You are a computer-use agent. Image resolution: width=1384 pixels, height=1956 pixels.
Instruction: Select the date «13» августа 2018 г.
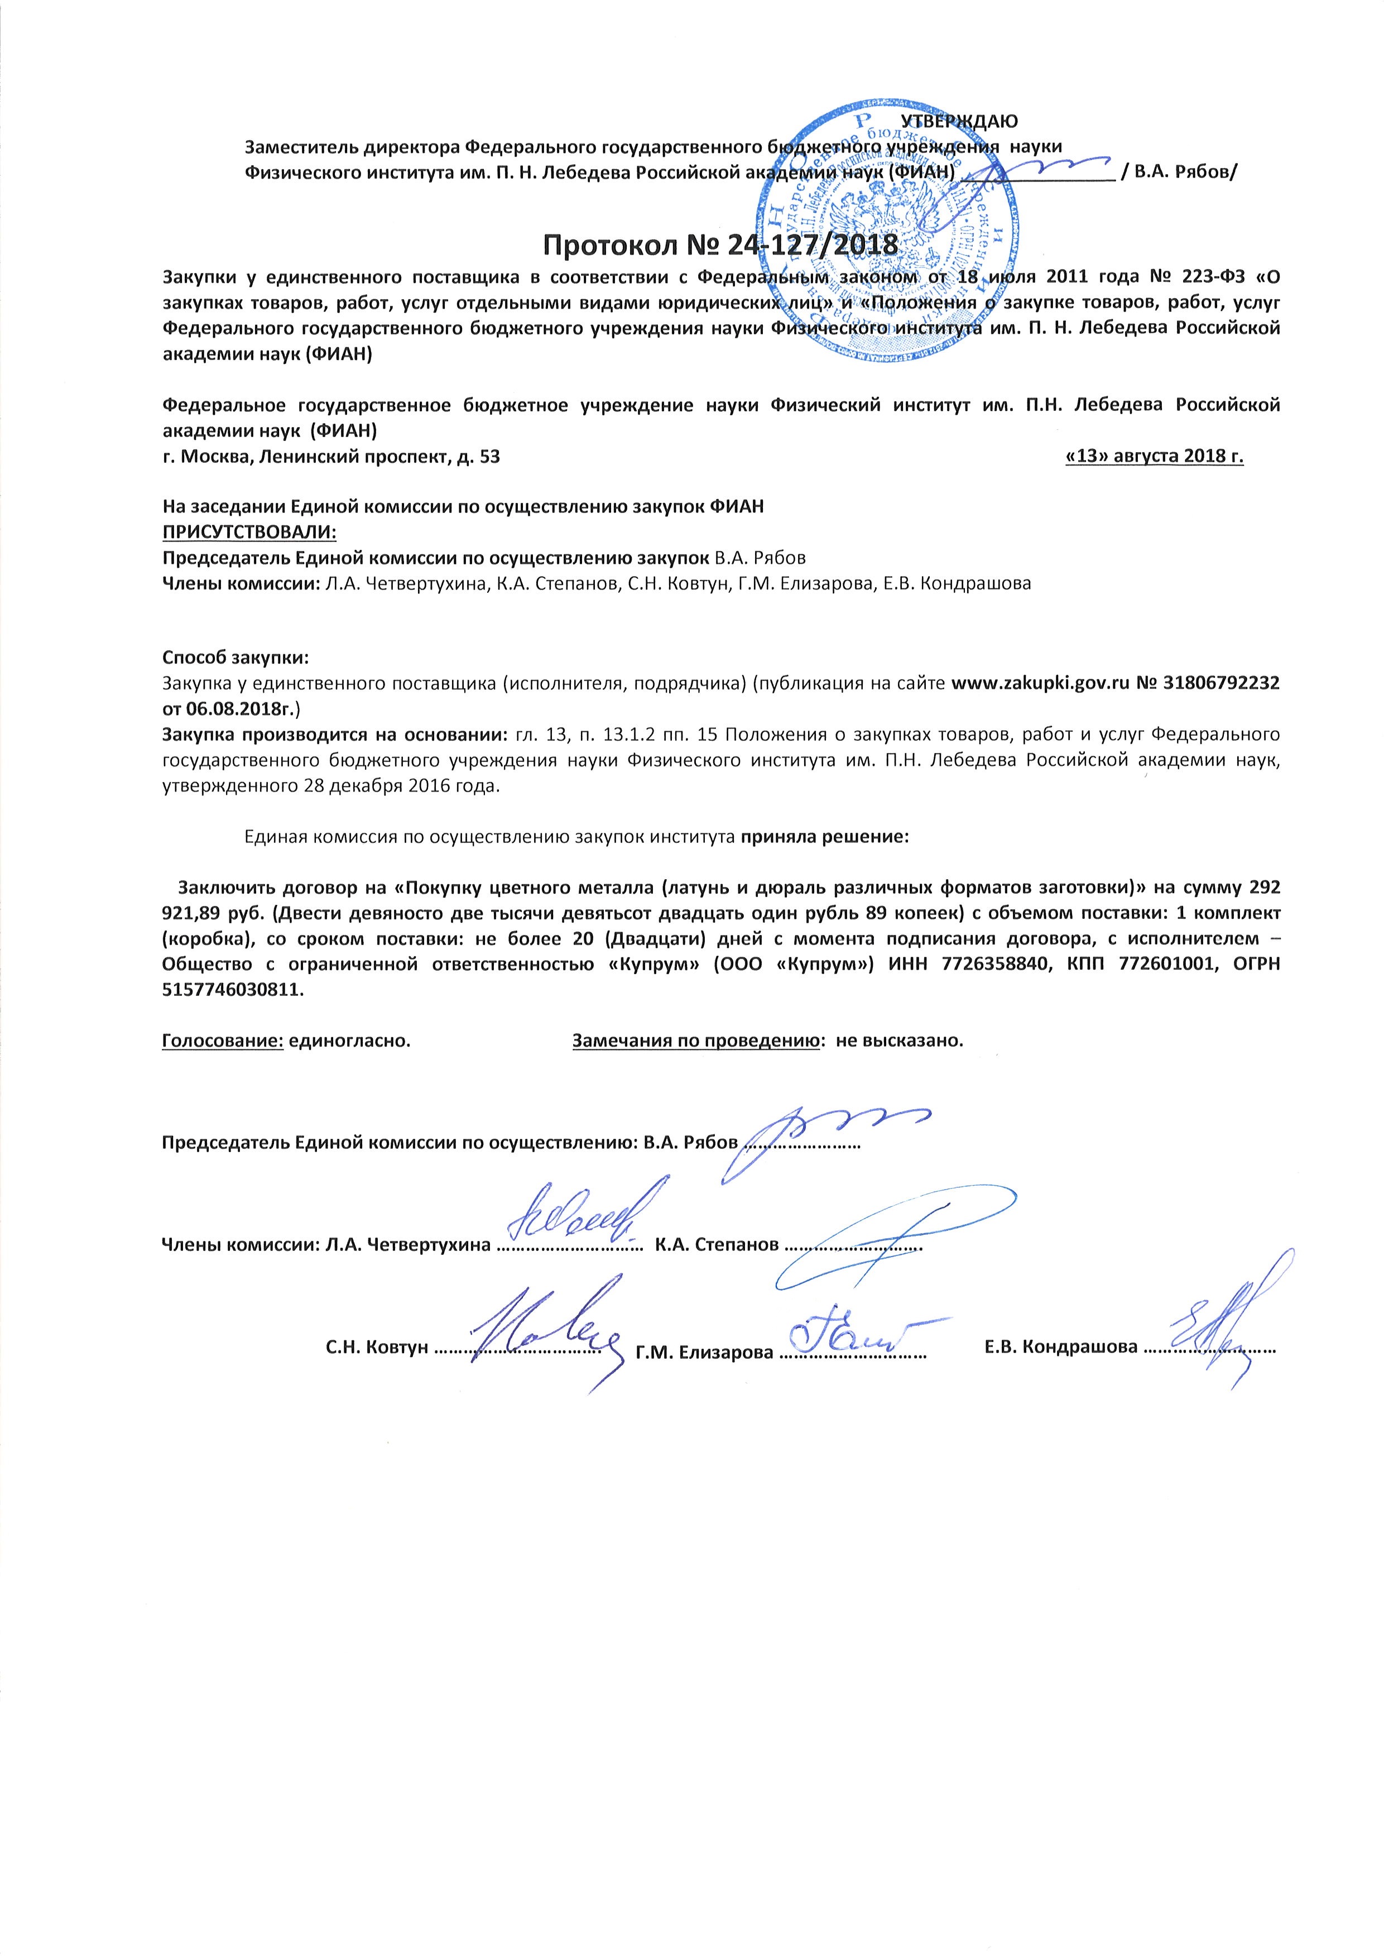[x=1154, y=457]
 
